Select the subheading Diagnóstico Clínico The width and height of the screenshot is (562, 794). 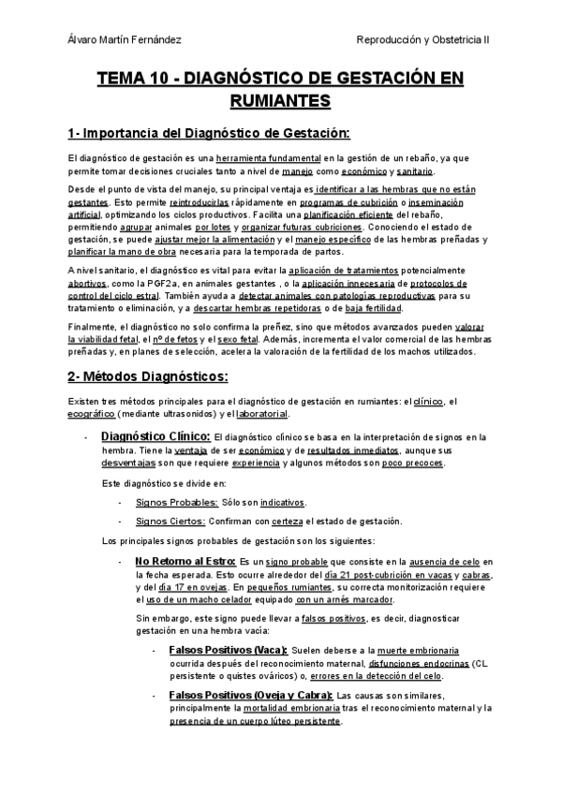coord(155,435)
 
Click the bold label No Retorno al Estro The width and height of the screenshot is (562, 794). coord(185,561)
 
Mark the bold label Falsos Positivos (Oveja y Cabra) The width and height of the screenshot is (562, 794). coord(250,695)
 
